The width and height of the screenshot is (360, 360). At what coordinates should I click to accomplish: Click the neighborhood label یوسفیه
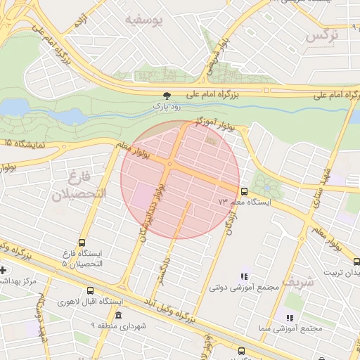tap(143, 21)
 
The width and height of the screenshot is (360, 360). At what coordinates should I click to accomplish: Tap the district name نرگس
tap(321, 34)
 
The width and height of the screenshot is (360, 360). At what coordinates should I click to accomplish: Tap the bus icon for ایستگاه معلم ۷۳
tap(244, 191)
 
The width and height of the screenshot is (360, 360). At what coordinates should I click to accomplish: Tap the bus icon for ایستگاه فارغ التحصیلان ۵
tap(82, 243)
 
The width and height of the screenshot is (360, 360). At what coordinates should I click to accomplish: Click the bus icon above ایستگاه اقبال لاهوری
tap(90, 290)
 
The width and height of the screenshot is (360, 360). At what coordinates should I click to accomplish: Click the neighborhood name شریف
tap(295, 282)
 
